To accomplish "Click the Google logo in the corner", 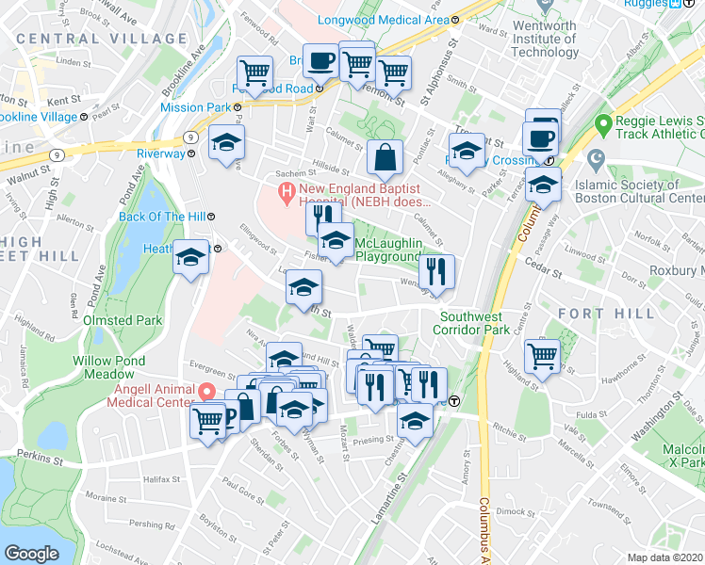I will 32,554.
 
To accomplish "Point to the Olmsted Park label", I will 123,320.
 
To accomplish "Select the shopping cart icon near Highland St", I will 544,356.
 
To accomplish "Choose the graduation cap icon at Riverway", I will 226,144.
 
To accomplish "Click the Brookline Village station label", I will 38,117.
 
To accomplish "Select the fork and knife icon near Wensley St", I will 436,273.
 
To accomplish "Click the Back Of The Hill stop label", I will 161,217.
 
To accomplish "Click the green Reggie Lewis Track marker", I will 603,123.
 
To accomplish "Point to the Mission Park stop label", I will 195,107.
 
